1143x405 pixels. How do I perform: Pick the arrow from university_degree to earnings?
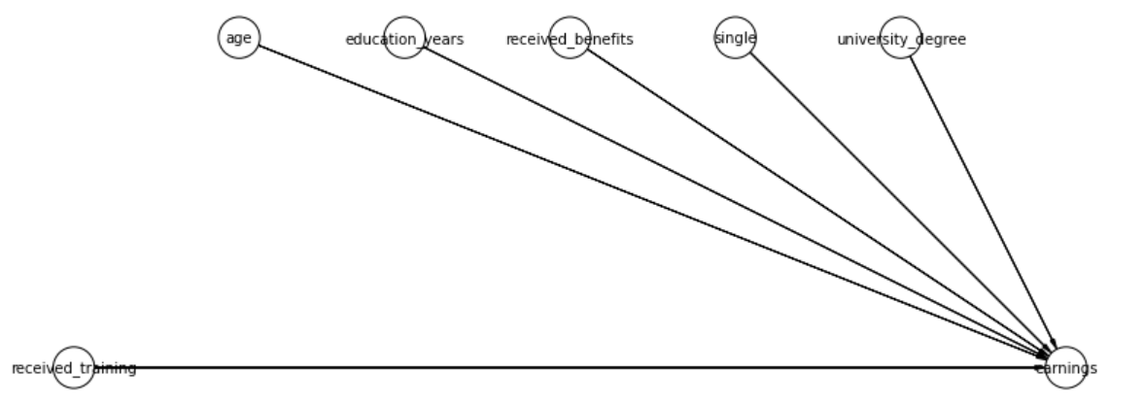(984, 202)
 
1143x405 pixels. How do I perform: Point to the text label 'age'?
(239, 38)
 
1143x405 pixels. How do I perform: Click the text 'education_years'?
(404, 39)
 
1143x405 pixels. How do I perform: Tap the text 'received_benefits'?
(570, 39)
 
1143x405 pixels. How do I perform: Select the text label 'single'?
(736, 38)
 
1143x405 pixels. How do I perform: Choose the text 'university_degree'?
(901, 39)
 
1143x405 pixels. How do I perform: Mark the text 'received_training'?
(74, 369)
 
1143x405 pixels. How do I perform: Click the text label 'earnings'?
(1066, 369)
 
